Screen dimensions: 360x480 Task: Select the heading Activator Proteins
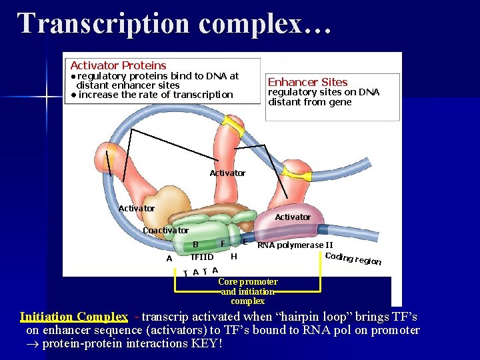pos(118,65)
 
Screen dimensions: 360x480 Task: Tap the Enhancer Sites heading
pos(307,82)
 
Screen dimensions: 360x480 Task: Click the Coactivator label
pos(165,230)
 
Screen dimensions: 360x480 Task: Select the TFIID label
pos(202,257)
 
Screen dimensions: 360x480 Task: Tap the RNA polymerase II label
pos(295,245)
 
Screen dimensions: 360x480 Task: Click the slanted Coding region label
pos(353,259)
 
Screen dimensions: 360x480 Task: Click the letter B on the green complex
pos(195,244)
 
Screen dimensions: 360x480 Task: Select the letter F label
pos(223,243)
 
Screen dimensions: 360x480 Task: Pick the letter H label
pos(233,256)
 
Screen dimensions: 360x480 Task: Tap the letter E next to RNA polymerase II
pos(245,241)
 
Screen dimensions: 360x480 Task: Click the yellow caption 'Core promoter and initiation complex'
pos(247,291)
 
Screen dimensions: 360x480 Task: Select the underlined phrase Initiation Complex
pos(73,317)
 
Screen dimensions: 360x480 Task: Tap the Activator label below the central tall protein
pos(227,173)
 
